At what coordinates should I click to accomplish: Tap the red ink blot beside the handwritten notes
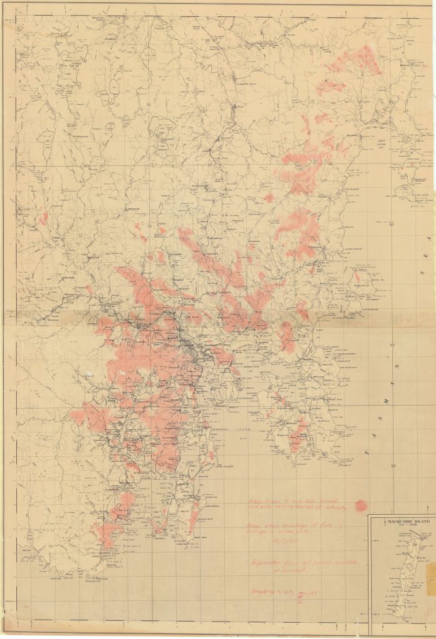click(x=360, y=505)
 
